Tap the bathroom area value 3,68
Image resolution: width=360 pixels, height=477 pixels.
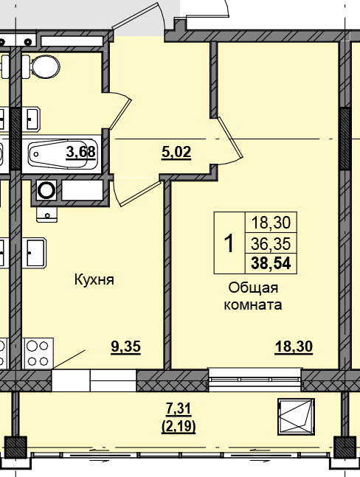coord(82,153)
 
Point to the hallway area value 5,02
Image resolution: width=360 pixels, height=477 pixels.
coord(176,153)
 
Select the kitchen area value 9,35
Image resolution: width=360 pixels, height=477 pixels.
coord(125,346)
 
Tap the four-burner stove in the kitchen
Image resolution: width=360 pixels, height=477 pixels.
coord(38,352)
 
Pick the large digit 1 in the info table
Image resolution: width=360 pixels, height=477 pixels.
coord(229,243)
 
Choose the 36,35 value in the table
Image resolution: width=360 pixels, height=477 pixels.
coord(270,243)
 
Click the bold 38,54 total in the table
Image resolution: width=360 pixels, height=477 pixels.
coord(270,262)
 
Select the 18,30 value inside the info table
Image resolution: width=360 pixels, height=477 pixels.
coord(270,223)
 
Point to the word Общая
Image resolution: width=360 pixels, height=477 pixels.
coord(253,288)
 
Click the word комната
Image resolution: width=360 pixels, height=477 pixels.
coord(253,304)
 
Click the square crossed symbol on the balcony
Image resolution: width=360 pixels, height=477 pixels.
coord(296,416)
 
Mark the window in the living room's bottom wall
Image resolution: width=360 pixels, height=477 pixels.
coord(254,380)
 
